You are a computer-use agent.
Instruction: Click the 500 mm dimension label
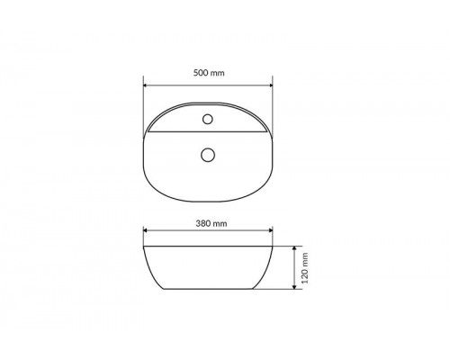pos(209,73)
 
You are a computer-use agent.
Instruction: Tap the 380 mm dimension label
pos(211,223)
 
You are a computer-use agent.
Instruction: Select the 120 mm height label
pos(305,268)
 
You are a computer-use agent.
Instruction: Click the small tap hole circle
pos(208,119)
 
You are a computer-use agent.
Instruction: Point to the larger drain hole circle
pos(208,155)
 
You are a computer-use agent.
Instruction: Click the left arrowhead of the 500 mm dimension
pos(146,85)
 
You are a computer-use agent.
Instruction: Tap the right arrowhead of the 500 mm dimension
pos(271,85)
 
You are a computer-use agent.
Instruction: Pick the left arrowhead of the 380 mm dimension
pos(146,230)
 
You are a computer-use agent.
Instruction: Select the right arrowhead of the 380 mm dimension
pos(271,230)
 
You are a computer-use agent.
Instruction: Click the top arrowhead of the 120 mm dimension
pos(294,248)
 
